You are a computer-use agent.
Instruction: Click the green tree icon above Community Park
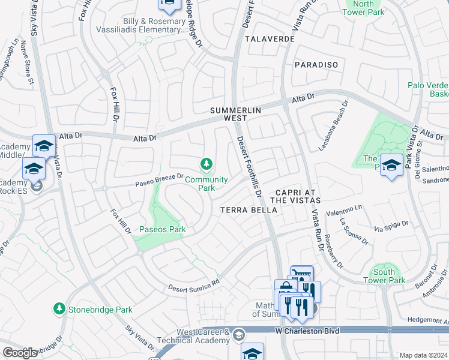(x=206, y=164)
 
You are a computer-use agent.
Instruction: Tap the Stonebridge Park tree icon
(x=59, y=309)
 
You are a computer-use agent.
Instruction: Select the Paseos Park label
(x=163, y=229)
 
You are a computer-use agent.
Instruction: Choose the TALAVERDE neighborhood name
(x=270, y=38)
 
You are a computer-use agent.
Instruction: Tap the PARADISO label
(x=316, y=64)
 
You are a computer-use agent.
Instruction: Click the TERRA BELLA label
(x=249, y=210)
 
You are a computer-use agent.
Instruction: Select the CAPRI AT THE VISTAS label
(x=295, y=195)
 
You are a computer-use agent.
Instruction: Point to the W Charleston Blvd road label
(x=307, y=331)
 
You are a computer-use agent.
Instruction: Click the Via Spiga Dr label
(x=391, y=226)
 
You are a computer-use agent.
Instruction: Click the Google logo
(x=20, y=352)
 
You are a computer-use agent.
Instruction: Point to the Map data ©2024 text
(x=423, y=355)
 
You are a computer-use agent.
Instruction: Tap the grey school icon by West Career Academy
(x=239, y=335)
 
